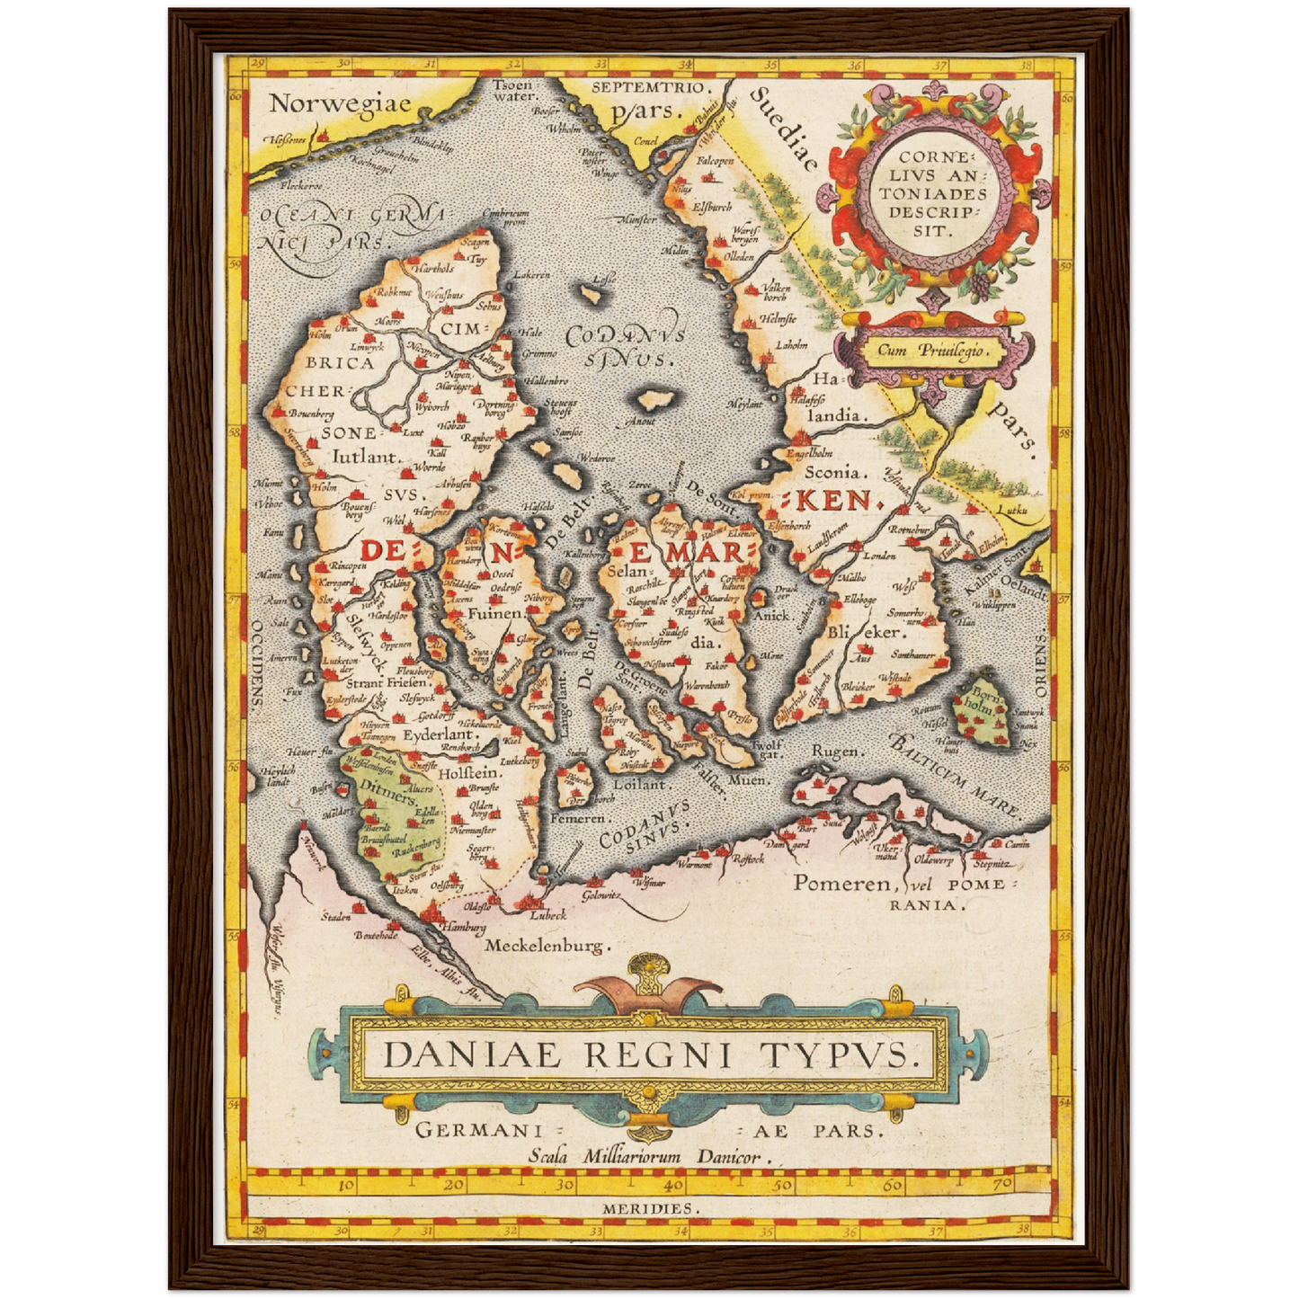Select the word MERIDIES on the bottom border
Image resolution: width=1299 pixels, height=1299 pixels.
(648, 1209)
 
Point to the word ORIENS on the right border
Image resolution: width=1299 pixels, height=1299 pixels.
(1040, 664)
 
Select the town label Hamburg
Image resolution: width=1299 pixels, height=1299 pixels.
(463, 927)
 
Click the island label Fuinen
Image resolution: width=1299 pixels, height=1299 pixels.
(494, 613)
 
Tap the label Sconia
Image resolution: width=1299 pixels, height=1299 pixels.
(835, 471)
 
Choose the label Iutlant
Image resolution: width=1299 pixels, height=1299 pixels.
(366, 457)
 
